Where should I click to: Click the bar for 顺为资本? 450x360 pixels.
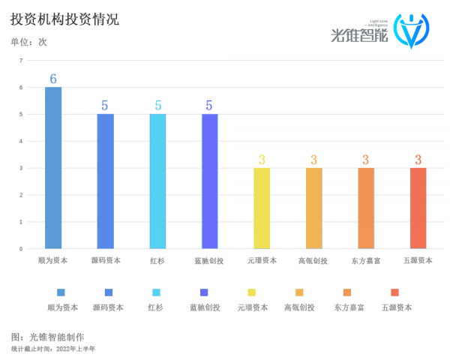[53, 168]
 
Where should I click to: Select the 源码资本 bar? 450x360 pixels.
[106, 181]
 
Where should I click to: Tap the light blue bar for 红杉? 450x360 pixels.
[157, 181]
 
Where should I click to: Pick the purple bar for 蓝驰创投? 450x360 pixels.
[210, 181]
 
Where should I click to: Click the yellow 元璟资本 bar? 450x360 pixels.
[262, 208]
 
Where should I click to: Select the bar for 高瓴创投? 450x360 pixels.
[313, 208]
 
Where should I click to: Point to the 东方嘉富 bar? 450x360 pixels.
[366, 208]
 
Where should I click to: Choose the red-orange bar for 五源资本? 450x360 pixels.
[418, 208]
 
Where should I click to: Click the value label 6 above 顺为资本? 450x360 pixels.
[53, 79]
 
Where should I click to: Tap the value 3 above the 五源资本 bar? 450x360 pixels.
[418, 160]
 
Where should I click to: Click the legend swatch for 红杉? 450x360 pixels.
[156, 292]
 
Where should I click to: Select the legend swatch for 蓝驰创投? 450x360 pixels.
[204, 292]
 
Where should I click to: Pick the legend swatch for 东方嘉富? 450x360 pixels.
[347, 292]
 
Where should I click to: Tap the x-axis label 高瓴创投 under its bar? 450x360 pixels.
[313, 261]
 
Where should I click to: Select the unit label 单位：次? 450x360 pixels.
[28, 42]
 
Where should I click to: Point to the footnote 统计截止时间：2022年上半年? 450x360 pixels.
[53, 349]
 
